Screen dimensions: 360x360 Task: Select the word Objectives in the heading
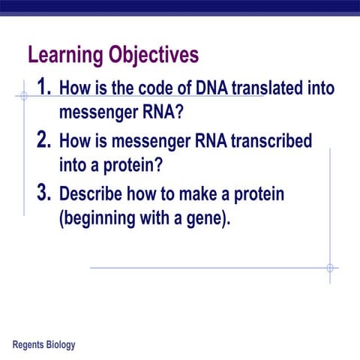pos(154,56)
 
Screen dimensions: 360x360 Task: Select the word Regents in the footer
pos(31,345)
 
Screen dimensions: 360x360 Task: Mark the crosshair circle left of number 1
pos(23,96)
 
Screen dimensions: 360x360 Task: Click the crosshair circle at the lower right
pos(329,268)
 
